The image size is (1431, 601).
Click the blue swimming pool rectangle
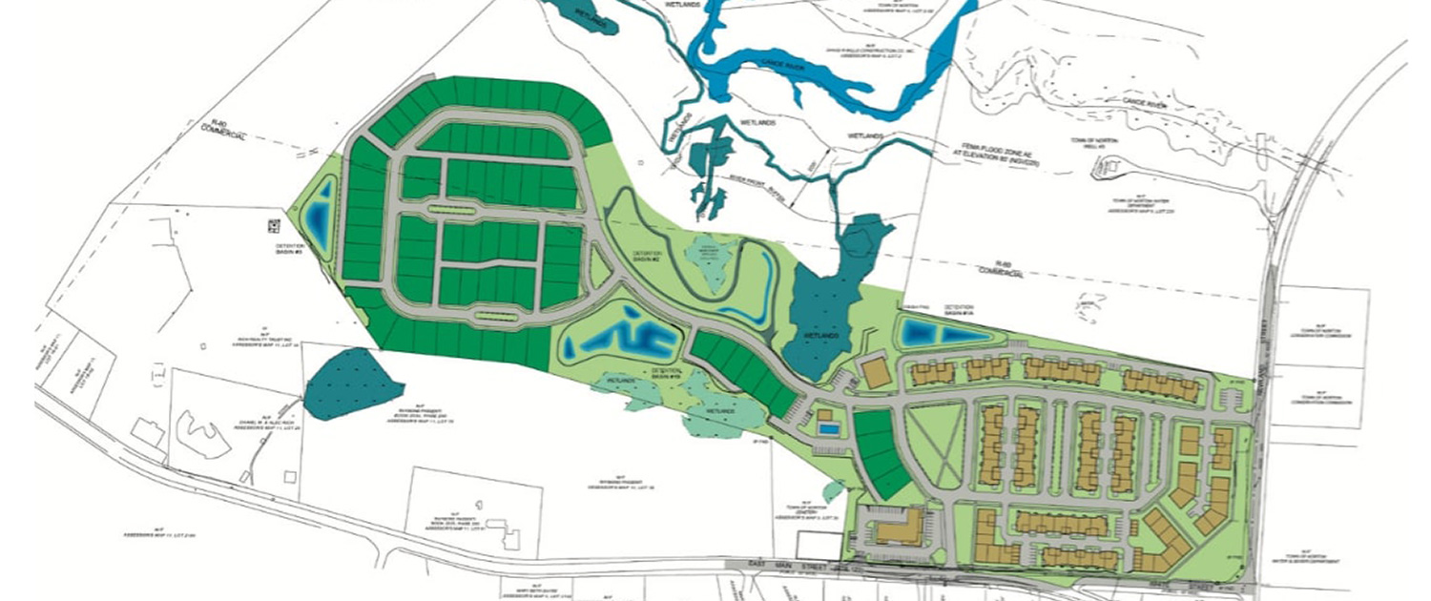pos(829,429)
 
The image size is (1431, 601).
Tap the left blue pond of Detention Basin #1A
pos(921,332)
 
